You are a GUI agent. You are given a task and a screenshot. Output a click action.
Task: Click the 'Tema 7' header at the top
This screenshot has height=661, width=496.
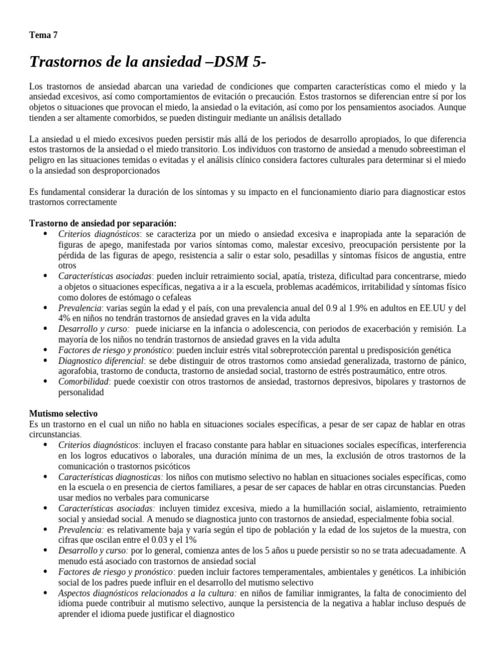(x=43, y=36)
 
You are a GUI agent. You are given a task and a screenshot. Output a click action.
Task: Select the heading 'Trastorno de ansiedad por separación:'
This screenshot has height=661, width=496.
(x=103, y=223)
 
